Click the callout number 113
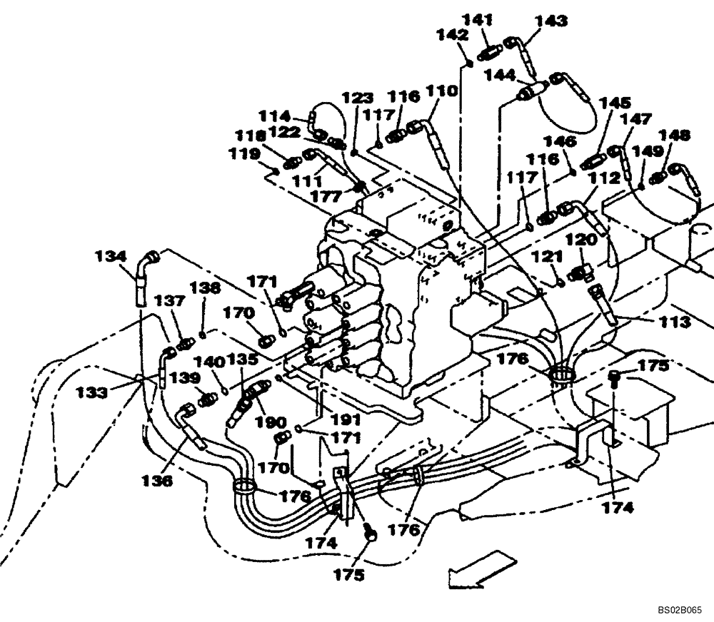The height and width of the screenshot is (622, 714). (x=675, y=322)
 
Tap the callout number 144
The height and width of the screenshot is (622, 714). (x=500, y=74)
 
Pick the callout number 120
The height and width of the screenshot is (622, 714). (x=579, y=241)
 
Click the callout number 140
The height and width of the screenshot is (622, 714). (x=208, y=362)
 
